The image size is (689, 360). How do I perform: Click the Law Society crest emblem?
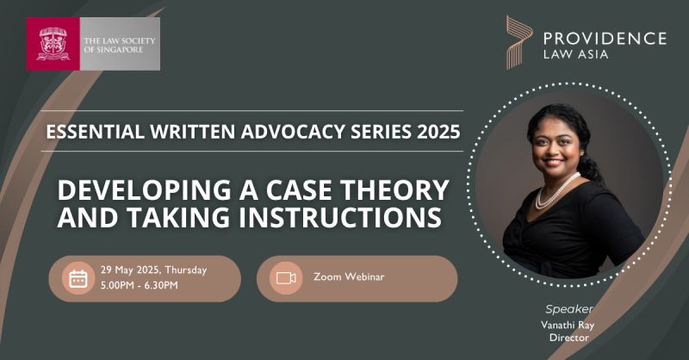coord(53,44)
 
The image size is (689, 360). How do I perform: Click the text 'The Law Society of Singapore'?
coord(120,45)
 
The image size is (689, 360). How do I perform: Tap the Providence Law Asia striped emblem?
coord(519,42)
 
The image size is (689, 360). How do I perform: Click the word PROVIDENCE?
coord(605,38)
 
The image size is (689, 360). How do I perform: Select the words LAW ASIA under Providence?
coord(575,54)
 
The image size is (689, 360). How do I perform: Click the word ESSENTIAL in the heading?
coord(95,132)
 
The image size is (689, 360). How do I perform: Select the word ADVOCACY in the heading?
coord(293,132)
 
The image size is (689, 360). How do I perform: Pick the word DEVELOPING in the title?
coord(144,189)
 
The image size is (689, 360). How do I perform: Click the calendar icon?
coord(78,279)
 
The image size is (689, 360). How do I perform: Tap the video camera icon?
coord(286,278)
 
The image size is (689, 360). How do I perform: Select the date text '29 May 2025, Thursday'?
coord(153,270)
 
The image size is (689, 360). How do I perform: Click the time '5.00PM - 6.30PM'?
coord(140,285)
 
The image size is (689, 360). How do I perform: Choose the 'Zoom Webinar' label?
coord(349,277)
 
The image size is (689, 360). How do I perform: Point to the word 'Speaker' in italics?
coord(569,309)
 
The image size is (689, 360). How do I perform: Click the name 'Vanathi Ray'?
coord(568,326)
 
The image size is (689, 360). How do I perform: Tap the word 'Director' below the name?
coord(569,338)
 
